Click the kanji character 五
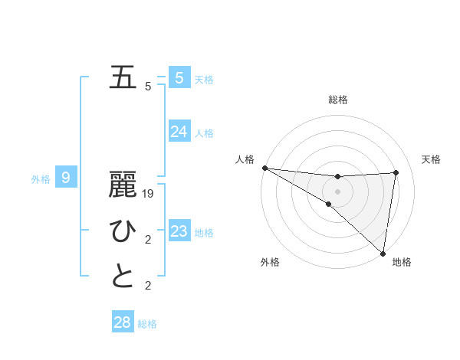tap(123, 77)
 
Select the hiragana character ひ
tap(123, 231)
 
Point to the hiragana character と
tap(123, 276)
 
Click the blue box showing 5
tap(179, 77)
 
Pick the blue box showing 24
tap(179, 132)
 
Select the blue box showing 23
tap(179, 231)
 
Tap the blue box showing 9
tap(66, 178)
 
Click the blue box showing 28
tap(122, 322)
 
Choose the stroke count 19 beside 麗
tap(149, 195)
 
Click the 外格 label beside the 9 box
tap(41, 179)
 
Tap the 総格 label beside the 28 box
tap(147, 324)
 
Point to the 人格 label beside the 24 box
tap(204, 133)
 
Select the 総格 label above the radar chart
tap(337, 100)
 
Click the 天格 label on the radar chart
tap(432, 159)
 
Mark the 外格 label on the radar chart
tap(270, 262)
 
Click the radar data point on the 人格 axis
tap(264, 168)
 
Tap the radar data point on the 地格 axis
tap(383, 253)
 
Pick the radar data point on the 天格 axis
tap(396, 172)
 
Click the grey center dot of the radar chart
tap(337, 191)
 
